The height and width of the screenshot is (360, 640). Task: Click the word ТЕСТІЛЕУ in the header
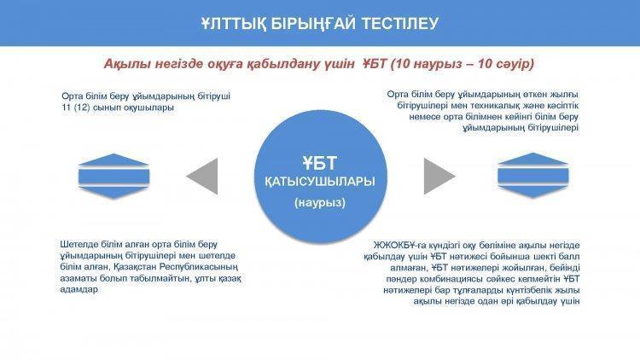click(400, 23)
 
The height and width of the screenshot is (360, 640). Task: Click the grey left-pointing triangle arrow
click(202, 177)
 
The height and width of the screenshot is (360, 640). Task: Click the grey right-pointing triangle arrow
click(439, 177)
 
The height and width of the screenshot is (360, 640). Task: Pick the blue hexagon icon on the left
click(113, 177)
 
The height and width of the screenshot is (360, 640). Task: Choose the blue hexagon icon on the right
click(533, 176)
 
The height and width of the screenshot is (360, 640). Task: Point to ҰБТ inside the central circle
click(320, 163)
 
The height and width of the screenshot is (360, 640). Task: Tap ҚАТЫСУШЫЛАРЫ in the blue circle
click(320, 182)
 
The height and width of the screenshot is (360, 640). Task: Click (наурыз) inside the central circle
click(320, 202)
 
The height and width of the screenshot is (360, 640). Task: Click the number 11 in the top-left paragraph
click(66, 107)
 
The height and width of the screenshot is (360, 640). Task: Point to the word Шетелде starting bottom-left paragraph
click(78, 245)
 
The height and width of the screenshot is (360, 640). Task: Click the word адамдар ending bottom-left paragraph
click(79, 289)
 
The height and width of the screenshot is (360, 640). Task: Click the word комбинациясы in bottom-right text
click(443, 279)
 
